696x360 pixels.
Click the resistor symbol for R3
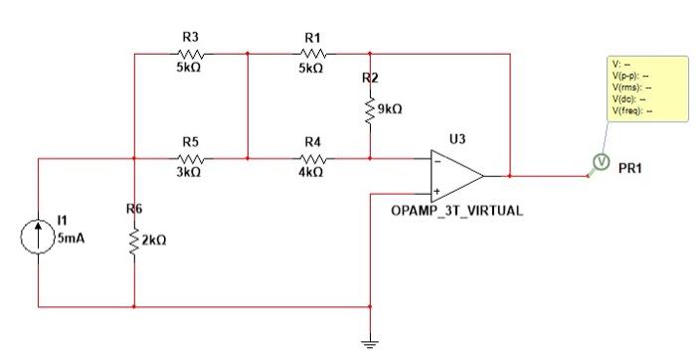point(190,54)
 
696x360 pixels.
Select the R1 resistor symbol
point(311,54)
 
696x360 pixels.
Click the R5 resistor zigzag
point(190,158)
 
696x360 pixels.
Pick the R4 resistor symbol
point(312,158)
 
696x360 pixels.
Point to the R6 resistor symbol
point(134,241)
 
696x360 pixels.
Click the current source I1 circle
point(38,237)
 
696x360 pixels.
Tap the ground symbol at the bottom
point(370,341)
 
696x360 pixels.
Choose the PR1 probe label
point(630,169)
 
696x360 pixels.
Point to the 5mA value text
point(71,239)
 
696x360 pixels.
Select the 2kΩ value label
point(154,241)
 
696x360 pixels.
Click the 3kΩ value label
point(190,172)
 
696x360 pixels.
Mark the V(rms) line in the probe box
point(632,89)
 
